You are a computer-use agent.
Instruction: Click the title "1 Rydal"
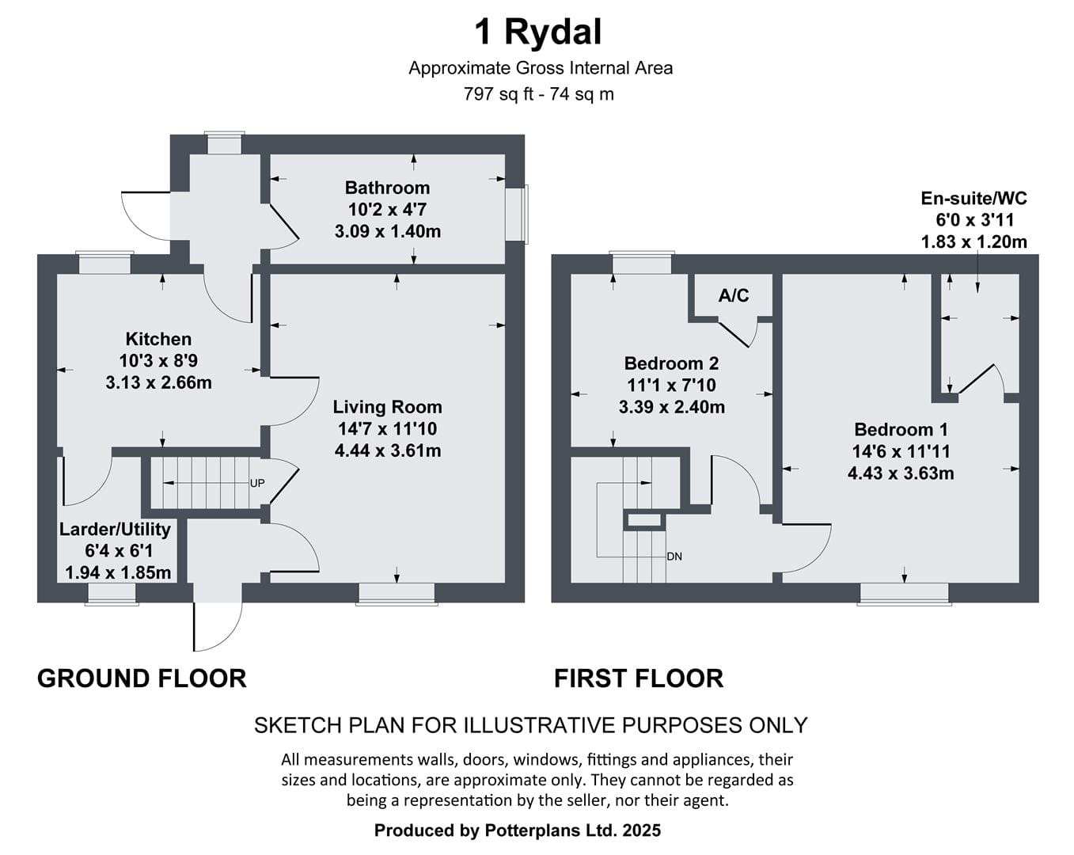[x=537, y=32]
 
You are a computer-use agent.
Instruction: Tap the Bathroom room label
[x=387, y=188]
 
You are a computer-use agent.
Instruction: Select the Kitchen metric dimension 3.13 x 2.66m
[x=159, y=383]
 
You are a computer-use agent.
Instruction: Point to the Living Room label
[x=387, y=407]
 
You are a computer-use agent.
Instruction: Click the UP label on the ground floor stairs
[x=257, y=483]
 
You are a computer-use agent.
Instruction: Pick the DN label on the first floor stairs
[x=674, y=557]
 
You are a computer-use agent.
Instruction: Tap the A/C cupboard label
[x=734, y=296]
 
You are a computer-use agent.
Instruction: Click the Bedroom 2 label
[x=671, y=363]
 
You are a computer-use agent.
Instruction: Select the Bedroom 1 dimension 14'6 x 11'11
[x=901, y=451]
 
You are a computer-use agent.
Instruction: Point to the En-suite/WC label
[x=973, y=198]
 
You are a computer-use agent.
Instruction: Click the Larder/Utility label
[x=116, y=529]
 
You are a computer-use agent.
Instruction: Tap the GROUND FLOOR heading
[x=142, y=678]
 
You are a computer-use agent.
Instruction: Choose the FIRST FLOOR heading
[x=639, y=678]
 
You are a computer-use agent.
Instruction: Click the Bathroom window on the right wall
[x=518, y=214]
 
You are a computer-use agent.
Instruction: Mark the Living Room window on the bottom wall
[x=397, y=594]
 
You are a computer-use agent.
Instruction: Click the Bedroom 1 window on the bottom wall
[x=905, y=594]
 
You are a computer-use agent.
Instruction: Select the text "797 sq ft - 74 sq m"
[x=538, y=94]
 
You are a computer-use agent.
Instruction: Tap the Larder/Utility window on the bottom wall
[x=112, y=594]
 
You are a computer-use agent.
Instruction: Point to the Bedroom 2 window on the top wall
[x=641, y=263]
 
